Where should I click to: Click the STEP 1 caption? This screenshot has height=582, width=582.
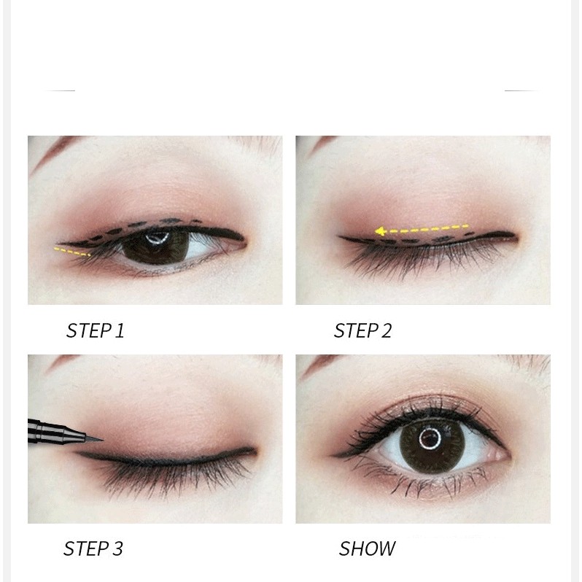pyautogui.click(x=95, y=330)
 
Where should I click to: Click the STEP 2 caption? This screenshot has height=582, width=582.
pyautogui.click(x=362, y=330)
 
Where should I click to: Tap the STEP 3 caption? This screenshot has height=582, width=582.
pyautogui.click(x=93, y=548)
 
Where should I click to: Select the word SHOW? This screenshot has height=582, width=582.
pyautogui.click(x=367, y=548)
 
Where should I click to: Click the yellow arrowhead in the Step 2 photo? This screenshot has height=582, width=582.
pyautogui.click(x=380, y=231)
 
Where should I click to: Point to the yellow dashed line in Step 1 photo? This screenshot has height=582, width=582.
pyautogui.click(x=72, y=252)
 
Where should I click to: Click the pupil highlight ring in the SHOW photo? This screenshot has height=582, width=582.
pyautogui.click(x=430, y=438)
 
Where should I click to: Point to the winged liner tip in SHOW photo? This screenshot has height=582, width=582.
pyautogui.click(x=333, y=455)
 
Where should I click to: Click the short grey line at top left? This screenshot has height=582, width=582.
pyautogui.click(x=59, y=90)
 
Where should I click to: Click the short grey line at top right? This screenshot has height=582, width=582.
pyautogui.click(x=521, y=90)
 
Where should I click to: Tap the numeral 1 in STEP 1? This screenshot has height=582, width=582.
pyautogui.click(x=120, y=330)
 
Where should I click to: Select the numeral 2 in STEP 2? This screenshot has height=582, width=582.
pyautogui.click(x=386, y=330)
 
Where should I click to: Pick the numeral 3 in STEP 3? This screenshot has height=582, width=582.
pyautogui.click(x=117, y=548)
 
